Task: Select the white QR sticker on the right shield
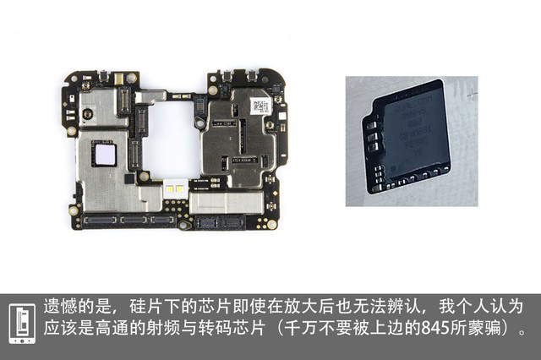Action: click(260, 106)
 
